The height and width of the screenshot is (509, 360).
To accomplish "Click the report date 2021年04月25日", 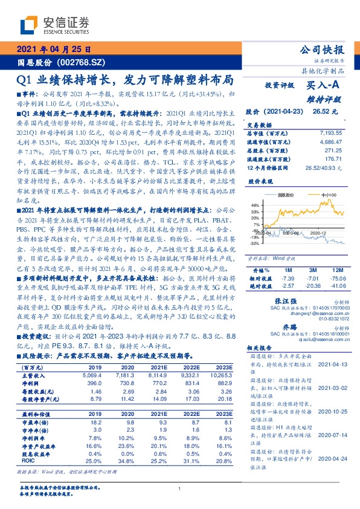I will [x=54, y=50].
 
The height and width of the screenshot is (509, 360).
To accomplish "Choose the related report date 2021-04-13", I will [x=330, y=365].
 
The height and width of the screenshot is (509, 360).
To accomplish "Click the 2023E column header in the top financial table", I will [x=223, y=367].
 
